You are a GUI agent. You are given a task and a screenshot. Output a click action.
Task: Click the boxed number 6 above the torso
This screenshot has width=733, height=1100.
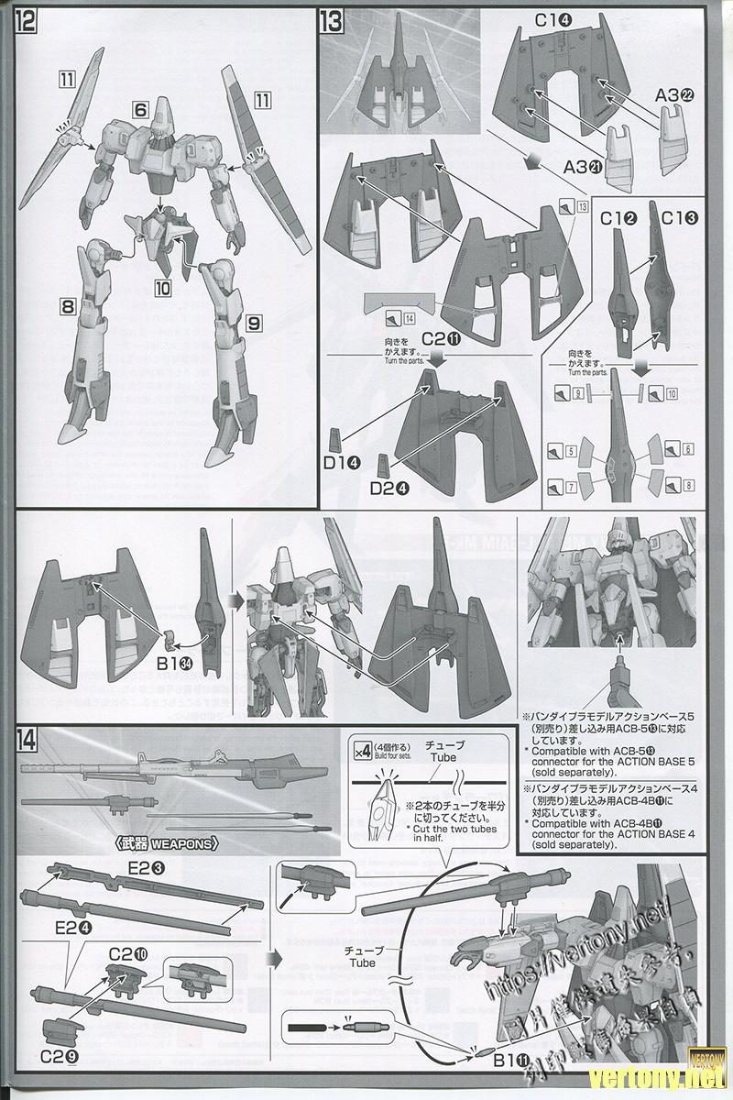[140, 109]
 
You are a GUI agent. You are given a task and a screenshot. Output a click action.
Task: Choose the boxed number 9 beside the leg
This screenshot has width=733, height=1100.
[254, 322]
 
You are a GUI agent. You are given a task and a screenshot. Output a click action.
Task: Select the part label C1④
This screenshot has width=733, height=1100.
[531, 20]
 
